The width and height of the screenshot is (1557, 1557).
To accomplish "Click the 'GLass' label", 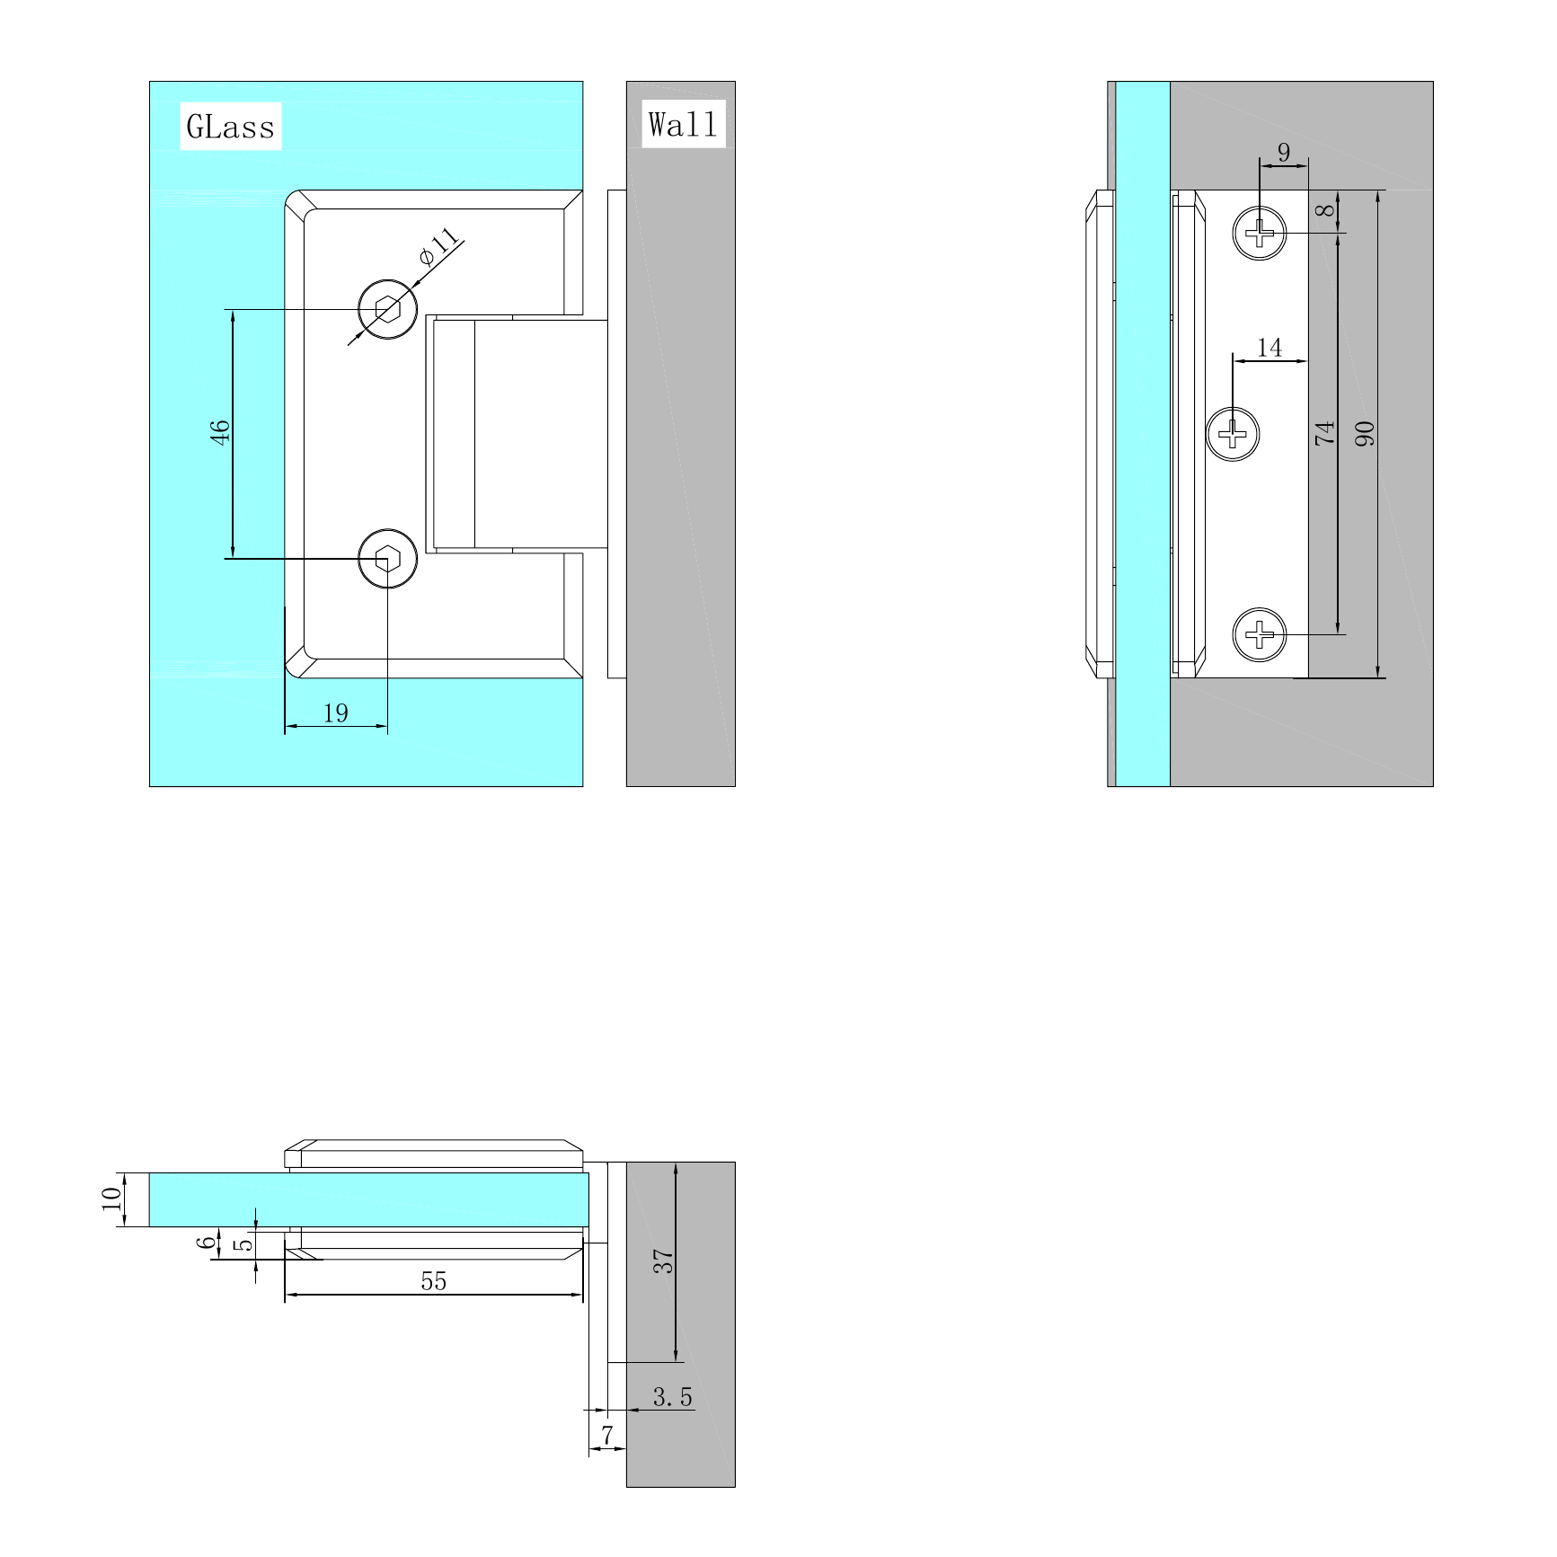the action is point(231,126).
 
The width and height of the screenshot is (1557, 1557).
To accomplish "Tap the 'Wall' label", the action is point(684,124).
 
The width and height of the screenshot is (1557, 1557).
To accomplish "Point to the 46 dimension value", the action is point(220,431).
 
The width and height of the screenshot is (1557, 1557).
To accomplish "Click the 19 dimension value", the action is point(335,713).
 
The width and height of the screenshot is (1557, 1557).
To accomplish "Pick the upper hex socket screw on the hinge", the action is point(387,309).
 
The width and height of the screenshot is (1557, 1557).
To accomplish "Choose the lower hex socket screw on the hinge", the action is point(387,559).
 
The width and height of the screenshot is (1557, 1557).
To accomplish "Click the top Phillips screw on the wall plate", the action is point(1260,233).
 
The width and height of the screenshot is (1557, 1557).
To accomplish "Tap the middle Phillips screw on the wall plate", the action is point(1233,434).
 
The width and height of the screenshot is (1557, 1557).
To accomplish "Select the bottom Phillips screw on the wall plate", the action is point(1260,634).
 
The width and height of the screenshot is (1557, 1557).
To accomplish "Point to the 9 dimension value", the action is point(1284,152).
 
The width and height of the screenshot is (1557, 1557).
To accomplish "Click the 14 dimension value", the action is point(1269,348).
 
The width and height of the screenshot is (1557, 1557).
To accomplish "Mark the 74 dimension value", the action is point(1325,433).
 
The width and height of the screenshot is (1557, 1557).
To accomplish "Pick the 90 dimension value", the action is point(1365,434).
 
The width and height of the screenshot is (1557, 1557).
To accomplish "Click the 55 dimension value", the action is point(434,1281).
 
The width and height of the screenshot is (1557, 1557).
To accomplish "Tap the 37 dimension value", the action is point(663,1261).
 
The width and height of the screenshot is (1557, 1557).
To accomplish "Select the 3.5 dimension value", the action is point(673,1397).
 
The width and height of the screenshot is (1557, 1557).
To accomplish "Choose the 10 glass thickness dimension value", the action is point(111,1199).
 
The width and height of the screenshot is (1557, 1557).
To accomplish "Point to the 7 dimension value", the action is point(607,1435).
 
